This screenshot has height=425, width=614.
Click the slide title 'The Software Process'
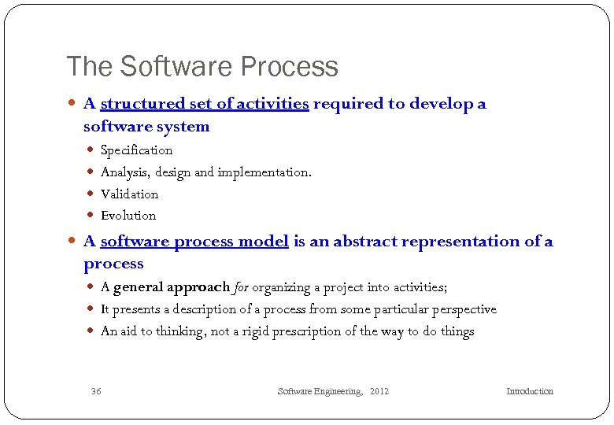pyautogui.click(x=202, y=66)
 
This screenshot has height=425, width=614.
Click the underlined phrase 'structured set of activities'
pyautogui.click(x=204, y=104)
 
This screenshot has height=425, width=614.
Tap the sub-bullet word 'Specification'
pyautogui.click(x=136, y=150)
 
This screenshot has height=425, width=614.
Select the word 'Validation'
pyautogui.click(x=129, y=194)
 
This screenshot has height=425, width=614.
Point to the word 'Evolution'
pyautogui.click(x=128, y=215)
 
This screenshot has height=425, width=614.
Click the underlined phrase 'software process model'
pyautogui.click(x=194, y=242)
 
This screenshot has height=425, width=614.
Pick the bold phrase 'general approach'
pyautogui.click(x=172, y=287)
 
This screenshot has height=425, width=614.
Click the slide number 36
pyautogui.click(x=96, y=391)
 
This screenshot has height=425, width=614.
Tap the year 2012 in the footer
pyautogui.click(x=379, y=391)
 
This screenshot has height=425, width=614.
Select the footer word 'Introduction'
pyautogui.click(x=529, y=391)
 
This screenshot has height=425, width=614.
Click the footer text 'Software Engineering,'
pyautogui.click(x=320, y=391)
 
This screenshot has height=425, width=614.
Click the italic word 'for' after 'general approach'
pyautogui.click(x=240, y=287)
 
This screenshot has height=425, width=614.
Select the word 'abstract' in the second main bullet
pyautogui.click(x=365, y=242)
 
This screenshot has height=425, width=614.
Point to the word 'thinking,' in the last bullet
pyautogui.click(x=180, y=331)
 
